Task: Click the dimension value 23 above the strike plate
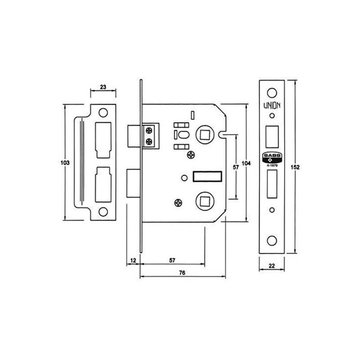(103, 87)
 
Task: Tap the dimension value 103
(65, 163)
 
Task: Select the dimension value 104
(246, 163)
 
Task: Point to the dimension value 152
(295, 167)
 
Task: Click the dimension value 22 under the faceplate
(271, 266)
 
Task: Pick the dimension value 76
(182, 273)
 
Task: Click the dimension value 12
(133, 260)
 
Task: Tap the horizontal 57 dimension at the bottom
(172, 260)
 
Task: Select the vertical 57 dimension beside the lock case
(236, 167)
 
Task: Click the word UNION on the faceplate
(272, 106)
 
